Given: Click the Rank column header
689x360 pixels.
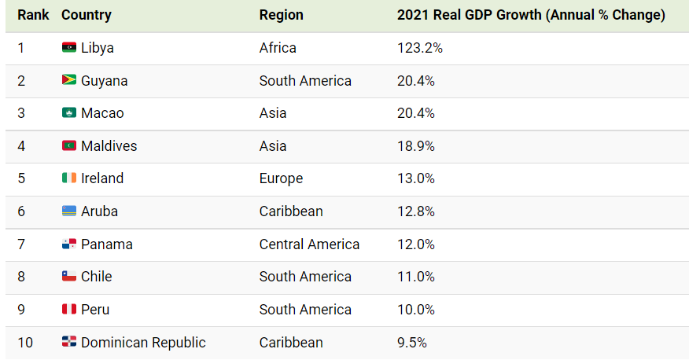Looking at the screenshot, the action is [x=33, y=15].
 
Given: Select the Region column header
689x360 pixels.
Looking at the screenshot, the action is [x=282, y=16].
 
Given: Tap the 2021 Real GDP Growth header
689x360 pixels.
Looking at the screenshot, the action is [x=531, y=16].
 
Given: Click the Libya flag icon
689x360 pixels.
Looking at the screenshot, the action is [x=69, y=47].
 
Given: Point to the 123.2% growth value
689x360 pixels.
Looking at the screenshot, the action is [x=420, y=48].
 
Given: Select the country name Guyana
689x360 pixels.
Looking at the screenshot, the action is [x=104, y=81].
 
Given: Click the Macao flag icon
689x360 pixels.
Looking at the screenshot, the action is [x=69, y=113].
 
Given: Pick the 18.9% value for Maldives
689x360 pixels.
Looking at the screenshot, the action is [x=416, y=146].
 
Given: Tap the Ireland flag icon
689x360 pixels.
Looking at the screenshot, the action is [x=69, y=178].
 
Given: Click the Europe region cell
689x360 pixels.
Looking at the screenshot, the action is [x=281, y=178].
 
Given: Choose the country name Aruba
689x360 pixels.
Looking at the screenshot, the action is [x=99, y=211].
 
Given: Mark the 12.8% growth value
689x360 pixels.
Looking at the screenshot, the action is [x=416, y=211].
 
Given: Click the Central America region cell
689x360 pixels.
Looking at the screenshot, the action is [x=309, y=244].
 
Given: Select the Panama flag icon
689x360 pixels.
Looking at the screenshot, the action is [x=69, y=244].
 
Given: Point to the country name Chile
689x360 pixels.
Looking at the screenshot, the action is [x=96, y=277].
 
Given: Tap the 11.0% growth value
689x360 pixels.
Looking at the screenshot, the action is [x=416, y=277].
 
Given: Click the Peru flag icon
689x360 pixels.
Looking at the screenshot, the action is [x=69, y=309].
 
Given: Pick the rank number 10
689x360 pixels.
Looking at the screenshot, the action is [x=25, y=343].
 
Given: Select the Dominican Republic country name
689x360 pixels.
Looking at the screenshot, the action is [x=143, y=343].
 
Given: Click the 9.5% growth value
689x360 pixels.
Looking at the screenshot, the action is [x=411, y=343].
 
